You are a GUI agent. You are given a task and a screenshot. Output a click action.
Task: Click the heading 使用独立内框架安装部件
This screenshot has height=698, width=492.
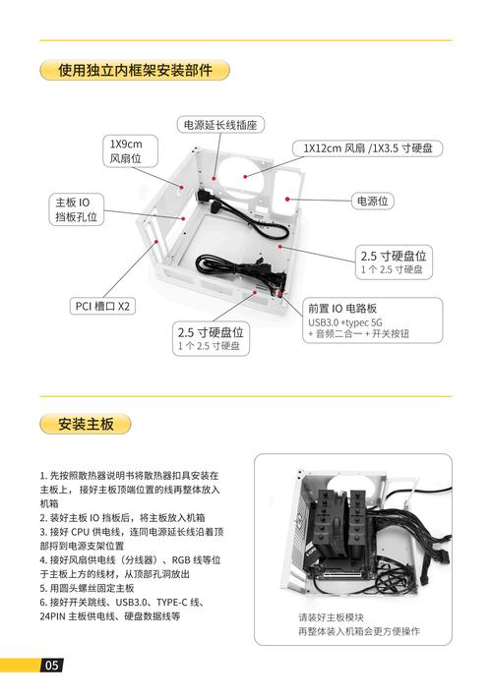(135, 70)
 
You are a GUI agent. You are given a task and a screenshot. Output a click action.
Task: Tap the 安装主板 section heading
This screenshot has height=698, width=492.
(87, 425)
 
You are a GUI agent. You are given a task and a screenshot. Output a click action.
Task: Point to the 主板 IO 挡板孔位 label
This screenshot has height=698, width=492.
(76, 209)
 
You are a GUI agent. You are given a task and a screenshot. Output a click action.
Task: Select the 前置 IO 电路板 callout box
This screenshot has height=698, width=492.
(368, 319)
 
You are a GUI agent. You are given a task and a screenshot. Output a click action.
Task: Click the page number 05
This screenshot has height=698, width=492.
(51, 666)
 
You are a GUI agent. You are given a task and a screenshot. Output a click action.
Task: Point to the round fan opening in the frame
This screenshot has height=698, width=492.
(243, 176)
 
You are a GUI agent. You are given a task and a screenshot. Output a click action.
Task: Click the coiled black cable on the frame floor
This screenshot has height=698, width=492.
(234, 267)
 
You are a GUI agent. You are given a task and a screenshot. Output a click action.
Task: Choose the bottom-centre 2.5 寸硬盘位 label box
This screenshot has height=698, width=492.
(211, 338)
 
